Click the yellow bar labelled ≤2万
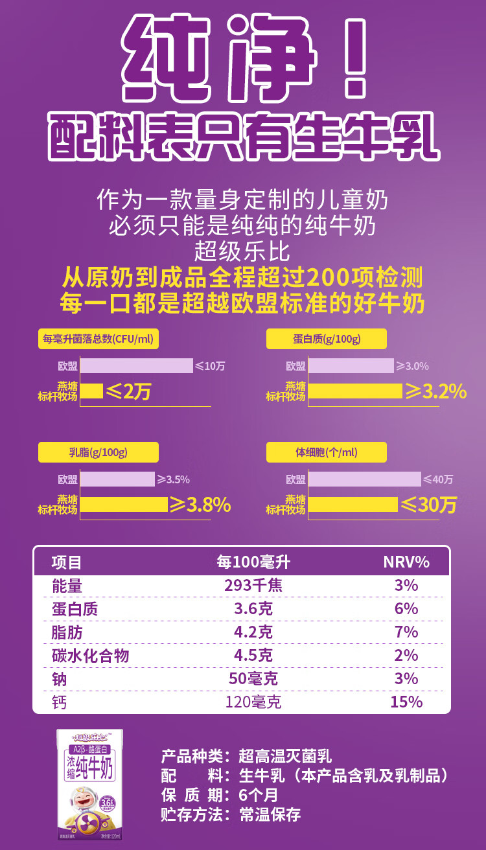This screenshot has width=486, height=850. point(91,391)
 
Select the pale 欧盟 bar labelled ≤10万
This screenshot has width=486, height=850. point(137,365)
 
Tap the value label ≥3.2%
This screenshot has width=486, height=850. point(435,391)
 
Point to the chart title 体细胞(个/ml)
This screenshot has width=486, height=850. point(327,452)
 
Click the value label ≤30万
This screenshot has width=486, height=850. point(428,504)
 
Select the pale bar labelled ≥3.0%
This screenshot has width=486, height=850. point(351,365)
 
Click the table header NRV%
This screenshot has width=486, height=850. point(406,562)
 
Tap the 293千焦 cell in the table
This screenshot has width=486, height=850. point(253,586)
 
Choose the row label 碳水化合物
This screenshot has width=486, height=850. point(90,655)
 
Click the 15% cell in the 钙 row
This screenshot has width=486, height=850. point(406,702)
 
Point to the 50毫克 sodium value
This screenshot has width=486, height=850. point(253,678)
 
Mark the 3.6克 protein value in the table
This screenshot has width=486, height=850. point(253,609)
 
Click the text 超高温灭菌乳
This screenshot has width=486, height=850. point(285,756)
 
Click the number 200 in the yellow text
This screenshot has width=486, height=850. point(329,278)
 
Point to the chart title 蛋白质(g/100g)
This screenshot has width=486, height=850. point(327,339)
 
